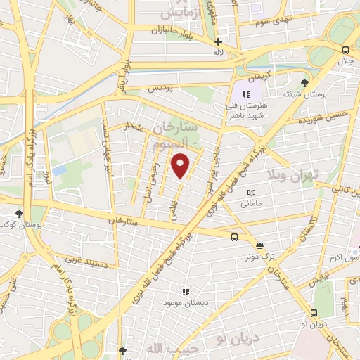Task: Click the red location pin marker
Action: [181, 166]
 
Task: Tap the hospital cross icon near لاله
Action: [218, 41]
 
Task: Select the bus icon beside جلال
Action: [345, 51]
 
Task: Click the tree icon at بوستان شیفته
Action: [304, 83]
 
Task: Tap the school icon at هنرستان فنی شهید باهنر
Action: [246, 94]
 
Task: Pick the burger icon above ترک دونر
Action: [260, 245]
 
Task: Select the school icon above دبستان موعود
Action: [186, 291]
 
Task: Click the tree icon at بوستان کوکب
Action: [19, 214]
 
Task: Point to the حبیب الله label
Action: [163, 348]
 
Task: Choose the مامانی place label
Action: [251, 204]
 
